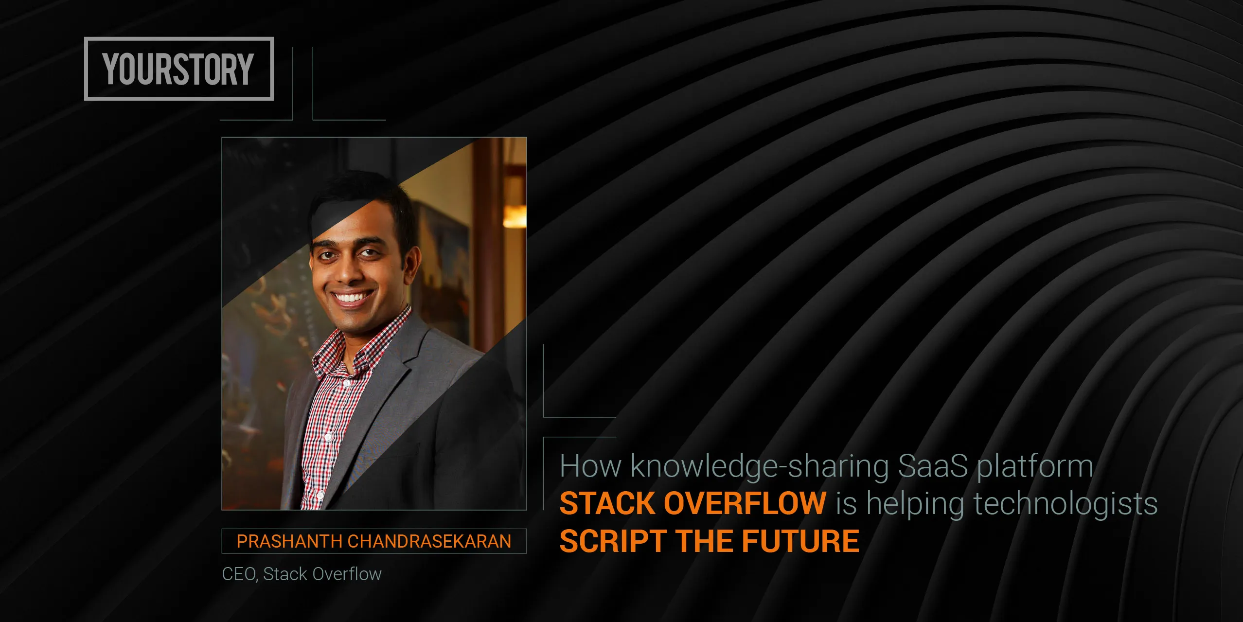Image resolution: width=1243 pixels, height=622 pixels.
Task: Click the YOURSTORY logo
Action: [178, 69]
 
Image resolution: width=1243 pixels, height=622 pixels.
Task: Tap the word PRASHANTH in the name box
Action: [289, 541]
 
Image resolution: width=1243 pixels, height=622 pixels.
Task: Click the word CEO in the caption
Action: [238, 574]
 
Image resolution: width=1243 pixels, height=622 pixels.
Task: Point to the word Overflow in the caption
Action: [346, 574]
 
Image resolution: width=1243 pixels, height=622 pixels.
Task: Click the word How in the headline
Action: [590, 466]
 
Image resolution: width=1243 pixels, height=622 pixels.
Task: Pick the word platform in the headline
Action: [1035, 467]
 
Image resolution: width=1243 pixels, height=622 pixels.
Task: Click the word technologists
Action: [1065, 504]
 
